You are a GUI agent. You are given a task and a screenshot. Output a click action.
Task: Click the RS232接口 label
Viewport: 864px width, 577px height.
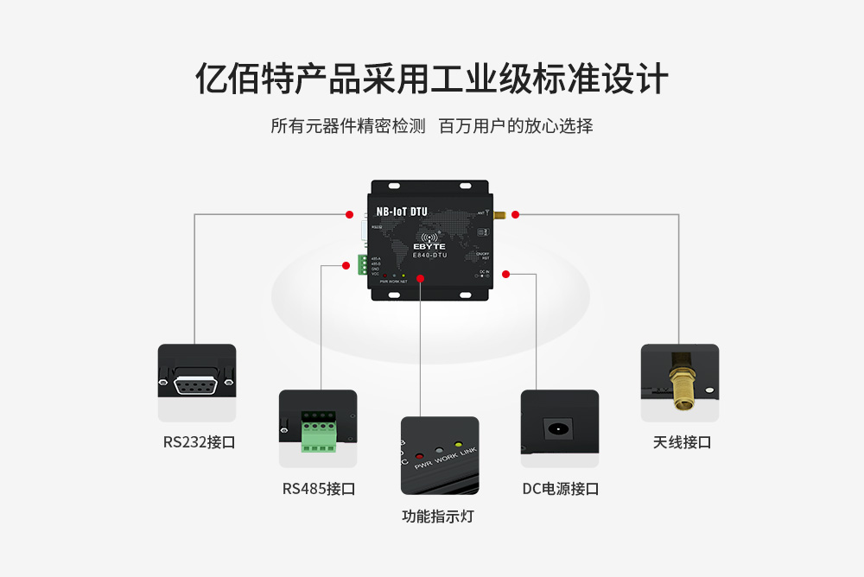199,442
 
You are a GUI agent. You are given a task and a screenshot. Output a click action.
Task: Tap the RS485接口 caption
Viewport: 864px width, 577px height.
318,489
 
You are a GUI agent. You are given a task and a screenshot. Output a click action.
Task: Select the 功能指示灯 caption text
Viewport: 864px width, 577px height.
438,517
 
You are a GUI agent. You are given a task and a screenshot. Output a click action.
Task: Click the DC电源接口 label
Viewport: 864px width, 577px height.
560,489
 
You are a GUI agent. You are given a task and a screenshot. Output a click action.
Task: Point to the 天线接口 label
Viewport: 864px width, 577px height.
682,442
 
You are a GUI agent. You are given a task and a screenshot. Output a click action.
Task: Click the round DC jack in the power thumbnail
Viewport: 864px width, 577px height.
557,428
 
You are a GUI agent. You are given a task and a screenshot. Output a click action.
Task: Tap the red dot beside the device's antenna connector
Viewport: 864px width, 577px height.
515,214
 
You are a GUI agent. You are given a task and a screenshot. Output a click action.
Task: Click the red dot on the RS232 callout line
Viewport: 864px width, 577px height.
349,214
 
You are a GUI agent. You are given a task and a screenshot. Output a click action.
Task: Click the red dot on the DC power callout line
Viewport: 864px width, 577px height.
505,275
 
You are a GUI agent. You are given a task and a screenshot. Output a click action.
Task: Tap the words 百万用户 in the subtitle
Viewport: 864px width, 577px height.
470,126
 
